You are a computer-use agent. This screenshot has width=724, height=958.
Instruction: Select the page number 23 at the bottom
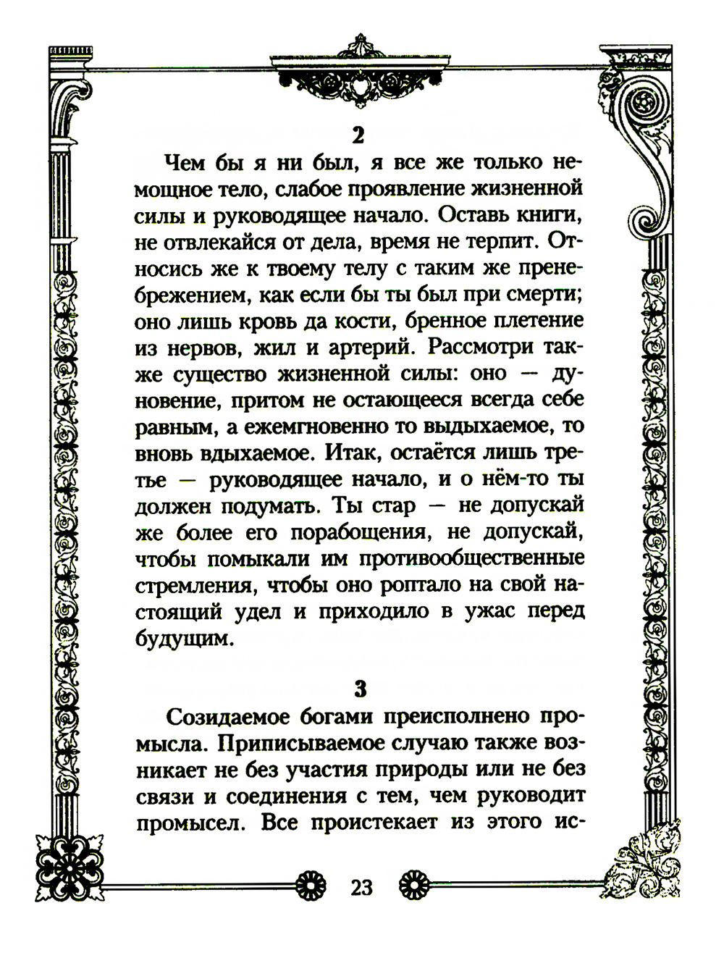[x=361, y=886]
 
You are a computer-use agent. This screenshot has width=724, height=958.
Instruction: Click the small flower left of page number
[x=312, y=885]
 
